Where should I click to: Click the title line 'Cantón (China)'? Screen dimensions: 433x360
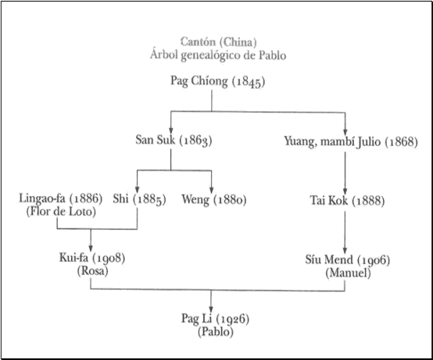tap(219, 42)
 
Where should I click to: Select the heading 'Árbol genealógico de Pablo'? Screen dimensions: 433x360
tap(218, 55)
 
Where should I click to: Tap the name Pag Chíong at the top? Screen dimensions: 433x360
tap(199, 81)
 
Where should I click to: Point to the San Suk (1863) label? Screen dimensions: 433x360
tap(174, 140)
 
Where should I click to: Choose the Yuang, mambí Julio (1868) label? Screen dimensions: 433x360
tap(351, 142)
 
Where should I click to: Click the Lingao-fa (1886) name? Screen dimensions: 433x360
tap(61, 198)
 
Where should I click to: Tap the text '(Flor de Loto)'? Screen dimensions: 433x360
tap(61, 212)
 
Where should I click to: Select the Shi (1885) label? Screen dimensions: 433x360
tap(139, 199)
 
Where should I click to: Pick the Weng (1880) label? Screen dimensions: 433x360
tap(214, 199)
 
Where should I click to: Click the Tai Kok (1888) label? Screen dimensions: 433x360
tap(347, 201)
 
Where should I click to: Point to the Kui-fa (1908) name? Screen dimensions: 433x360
tap(92, 258)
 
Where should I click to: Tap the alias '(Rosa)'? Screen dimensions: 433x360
tap(92, 271)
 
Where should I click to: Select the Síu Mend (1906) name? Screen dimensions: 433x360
tap(348, 260)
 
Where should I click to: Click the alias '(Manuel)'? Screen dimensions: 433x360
tap(348, 273)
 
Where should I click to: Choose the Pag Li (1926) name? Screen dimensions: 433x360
tap(216, 319)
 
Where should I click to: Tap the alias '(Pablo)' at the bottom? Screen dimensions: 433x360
tap(216, 331)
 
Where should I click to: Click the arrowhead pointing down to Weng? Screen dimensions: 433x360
tap(212, 190)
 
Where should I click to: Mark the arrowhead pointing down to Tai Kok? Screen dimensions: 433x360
tap(345, 191)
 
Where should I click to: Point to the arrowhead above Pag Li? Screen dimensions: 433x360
tap(211, 308)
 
